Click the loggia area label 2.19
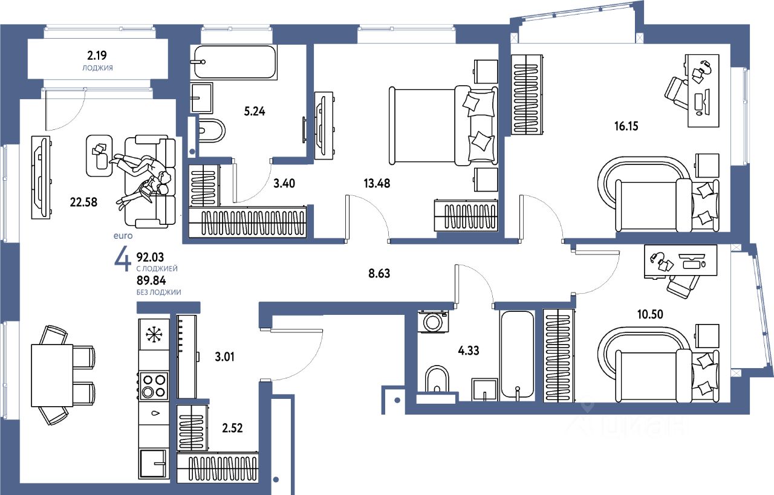[97, 55]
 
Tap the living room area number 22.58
[83, 202]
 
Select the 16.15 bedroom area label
[626, 126]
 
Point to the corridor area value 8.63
[379, 274]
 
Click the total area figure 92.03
[151, 257]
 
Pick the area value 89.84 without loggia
[151, 280]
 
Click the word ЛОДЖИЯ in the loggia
[97, 68]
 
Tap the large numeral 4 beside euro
[123, 261]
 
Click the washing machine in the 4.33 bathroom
[433, 322]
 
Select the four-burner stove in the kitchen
[154, 386]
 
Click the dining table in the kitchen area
[52, 375]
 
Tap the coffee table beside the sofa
[100, 156]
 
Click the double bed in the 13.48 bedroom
[443, 125]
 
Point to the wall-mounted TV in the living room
[41, 177]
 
